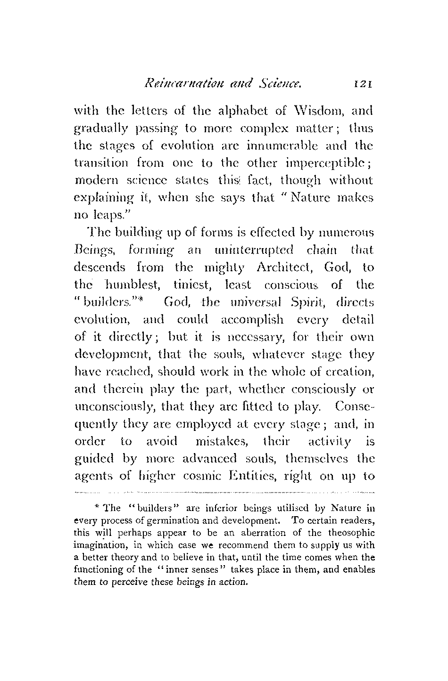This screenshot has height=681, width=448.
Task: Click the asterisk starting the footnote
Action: (96, 507)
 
